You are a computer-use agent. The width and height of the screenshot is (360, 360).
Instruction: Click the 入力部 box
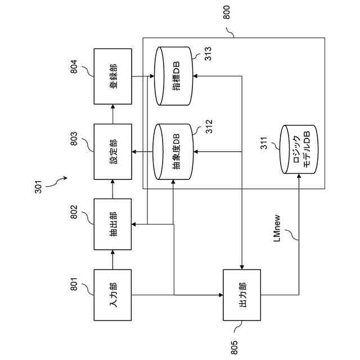112,295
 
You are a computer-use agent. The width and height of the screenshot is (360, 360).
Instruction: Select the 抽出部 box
112,224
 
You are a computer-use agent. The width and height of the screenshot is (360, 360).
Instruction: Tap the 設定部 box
112,152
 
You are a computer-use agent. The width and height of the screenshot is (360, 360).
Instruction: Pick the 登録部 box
112,76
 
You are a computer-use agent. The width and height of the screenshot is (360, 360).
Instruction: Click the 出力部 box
242,295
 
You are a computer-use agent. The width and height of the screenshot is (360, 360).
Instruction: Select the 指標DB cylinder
174,76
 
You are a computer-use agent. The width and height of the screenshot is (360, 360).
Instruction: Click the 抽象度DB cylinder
174,152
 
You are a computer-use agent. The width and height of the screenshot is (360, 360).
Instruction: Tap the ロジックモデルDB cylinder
299,149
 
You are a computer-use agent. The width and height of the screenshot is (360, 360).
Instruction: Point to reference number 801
74,284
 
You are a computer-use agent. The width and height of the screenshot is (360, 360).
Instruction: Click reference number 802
74,212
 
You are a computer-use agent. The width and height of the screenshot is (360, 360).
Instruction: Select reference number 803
74,138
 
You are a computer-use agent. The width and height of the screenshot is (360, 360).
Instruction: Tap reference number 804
74,66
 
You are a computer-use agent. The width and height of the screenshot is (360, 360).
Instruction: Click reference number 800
226,12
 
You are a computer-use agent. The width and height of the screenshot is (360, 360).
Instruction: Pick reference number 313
208,54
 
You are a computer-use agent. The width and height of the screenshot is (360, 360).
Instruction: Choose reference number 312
209,127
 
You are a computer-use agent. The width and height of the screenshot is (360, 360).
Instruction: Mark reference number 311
264,143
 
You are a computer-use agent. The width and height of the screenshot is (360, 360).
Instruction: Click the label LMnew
277,228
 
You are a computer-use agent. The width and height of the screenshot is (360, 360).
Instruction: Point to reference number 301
38,187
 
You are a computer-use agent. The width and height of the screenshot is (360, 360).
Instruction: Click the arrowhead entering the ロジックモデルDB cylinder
299,175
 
